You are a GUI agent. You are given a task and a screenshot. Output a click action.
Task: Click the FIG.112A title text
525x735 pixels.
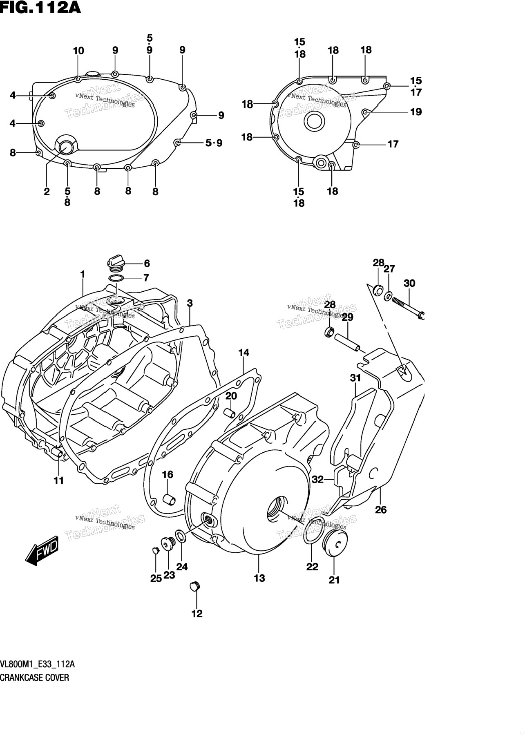pyautogui.click(x=40, y=9)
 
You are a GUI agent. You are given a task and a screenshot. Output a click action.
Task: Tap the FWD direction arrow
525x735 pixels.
pyautogui.click(x=42, y=552)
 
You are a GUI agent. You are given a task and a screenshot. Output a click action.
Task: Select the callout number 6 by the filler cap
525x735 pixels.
pyautogui.click(x=147, y=264)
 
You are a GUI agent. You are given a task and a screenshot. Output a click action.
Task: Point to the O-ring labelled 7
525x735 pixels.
pyautogui.click(x=116, y=279)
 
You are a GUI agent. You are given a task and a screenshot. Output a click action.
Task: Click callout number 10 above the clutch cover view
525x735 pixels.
pyautogui.click(x=78, y=51)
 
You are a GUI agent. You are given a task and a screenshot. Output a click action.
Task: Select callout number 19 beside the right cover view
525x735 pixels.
pyautogui.click(x=416, y=112)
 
